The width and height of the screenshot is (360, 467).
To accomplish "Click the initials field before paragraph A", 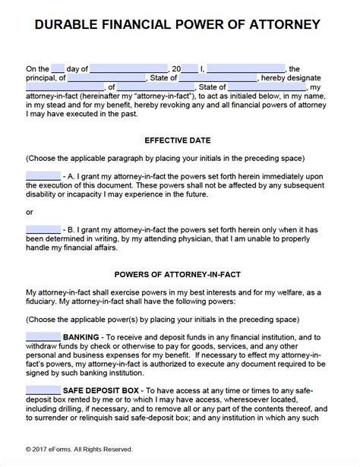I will click(x=43, y=176).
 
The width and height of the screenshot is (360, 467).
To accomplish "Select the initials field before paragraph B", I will click(x=43, y=229).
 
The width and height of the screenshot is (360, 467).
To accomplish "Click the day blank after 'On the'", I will click(x=59, y=68).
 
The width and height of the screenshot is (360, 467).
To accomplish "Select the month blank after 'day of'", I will click(x=128, y=68).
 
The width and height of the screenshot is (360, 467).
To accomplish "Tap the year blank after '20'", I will click(x=190, y=68).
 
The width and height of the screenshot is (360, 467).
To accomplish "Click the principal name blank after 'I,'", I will click(x=245, y=68).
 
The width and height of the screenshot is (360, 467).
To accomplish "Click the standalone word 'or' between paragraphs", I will click(x=29, y=212).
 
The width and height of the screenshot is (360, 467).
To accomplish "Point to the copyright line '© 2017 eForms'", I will click(x=79, y=449).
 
